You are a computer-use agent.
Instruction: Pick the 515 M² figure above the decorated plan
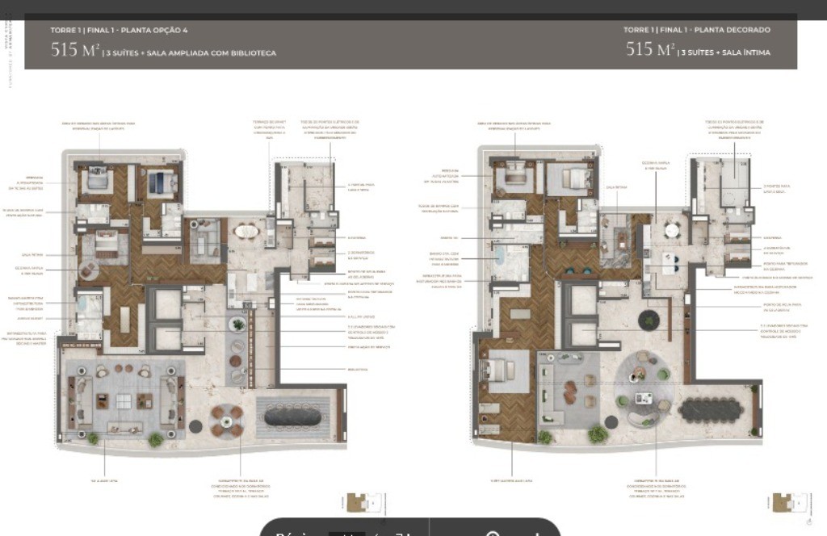[650, 50]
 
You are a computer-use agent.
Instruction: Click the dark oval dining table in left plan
[293, 416]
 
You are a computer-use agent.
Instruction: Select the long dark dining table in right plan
[712, 411]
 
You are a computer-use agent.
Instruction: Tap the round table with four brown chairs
[227, 419]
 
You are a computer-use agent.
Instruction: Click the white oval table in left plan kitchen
[247, 232]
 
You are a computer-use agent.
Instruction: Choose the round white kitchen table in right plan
[672, 229]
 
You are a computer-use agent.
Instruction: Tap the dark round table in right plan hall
[649, 320]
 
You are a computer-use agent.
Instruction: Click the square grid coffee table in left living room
[124, 401]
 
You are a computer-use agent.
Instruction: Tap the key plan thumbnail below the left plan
[358, 504]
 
